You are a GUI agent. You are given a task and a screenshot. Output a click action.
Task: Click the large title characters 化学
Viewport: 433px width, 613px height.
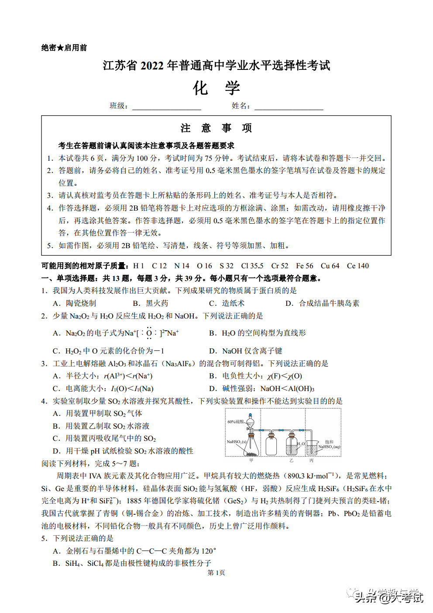pyautogui.click(x=216, y=88)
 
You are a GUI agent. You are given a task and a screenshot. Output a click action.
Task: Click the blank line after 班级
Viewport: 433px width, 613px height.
pyautogui.click(x=166, y=107)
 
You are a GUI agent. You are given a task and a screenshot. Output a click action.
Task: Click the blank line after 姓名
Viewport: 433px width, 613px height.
pyautogui.click(x=289, y=107)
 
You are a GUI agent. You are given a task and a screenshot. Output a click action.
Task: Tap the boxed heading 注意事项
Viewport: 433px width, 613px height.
pyautogui.click(x=216, y=128)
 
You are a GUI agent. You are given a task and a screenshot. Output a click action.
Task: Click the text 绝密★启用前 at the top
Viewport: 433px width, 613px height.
pyautogui.click(x=64, y=48)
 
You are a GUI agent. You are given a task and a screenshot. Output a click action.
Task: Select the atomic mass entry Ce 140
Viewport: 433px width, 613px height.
pyautogui.click(x=357, y=266)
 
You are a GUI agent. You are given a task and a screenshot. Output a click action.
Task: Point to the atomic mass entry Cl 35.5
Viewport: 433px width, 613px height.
pyautogui.click(x=252, y=266)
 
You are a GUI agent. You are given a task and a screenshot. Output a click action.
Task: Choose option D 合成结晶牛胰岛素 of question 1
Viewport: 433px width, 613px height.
pyautogui.click(x=323, y=303)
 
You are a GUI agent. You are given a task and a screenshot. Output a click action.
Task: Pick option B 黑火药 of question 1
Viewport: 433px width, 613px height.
pyautogui.click(x=151, y=303)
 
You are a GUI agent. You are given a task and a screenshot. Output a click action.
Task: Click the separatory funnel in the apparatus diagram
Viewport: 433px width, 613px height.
pyautogui.click(x=250, y=422)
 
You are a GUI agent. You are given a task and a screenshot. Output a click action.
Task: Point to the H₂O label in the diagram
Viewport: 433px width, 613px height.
pyautogui.click(x=301, y=444)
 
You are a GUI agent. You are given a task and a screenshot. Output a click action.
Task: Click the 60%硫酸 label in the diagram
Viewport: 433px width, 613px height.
pyautogui.click(x=235, y=422)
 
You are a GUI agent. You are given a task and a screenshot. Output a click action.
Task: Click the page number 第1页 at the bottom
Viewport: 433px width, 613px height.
pyautogui.click(x=216, y=572)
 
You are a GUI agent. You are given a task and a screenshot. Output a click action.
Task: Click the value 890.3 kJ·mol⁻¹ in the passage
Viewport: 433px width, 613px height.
pyautogui.click(x=311, y=476)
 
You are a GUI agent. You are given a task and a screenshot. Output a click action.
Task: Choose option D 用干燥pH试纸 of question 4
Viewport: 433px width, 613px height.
pyautogui.click(x=123, y=451)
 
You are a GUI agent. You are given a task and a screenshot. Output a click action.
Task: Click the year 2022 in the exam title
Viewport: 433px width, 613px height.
pyautogui.click(x=152, y=66)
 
